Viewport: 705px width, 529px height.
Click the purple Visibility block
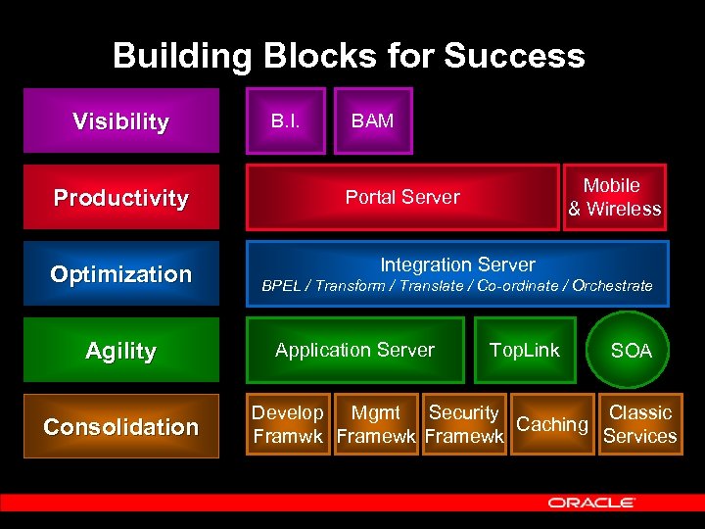120,121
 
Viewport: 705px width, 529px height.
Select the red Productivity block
120,198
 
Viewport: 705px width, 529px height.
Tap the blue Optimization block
120,274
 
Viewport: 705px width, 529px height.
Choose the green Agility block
120,351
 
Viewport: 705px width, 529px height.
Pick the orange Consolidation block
120,427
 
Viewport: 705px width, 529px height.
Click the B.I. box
285,121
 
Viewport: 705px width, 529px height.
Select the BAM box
373,121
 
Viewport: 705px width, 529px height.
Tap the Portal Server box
402,197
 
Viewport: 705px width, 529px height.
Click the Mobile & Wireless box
614,197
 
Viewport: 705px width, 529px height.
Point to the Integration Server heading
457,264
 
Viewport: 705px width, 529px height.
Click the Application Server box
354,350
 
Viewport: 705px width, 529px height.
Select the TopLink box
525,350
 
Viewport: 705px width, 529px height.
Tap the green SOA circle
631,351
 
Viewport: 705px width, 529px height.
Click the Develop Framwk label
288,425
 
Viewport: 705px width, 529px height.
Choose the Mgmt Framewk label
375,425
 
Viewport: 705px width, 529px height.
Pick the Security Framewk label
464,425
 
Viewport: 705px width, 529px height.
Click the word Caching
552,424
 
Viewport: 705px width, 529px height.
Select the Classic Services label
640,425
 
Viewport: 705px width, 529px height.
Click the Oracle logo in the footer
591,503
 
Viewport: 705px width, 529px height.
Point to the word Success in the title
515,56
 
